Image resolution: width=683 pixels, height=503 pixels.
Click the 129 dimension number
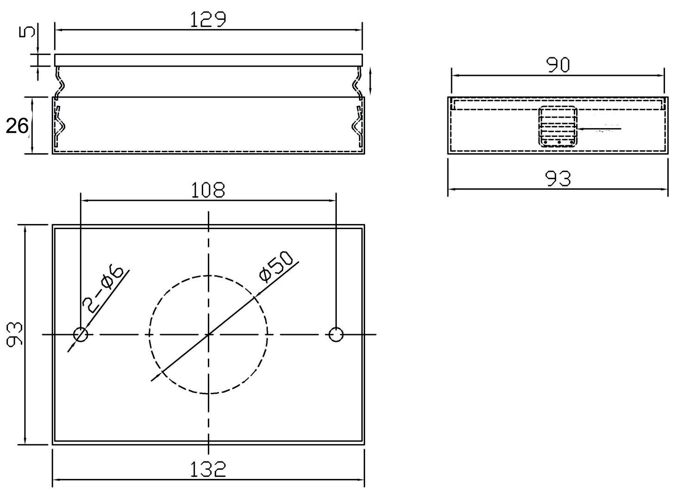[x=208, y=20]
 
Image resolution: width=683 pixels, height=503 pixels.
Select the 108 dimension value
[x=208, y=190]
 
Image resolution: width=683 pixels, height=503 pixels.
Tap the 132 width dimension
[x=208, y=469]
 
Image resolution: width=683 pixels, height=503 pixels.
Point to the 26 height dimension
[x=17, y=126]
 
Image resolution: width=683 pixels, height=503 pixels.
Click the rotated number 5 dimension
[x=27, y=32]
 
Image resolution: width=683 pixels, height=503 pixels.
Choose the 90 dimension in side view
[x=558, y=65]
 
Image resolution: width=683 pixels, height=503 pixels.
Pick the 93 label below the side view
[x=558, y=179]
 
